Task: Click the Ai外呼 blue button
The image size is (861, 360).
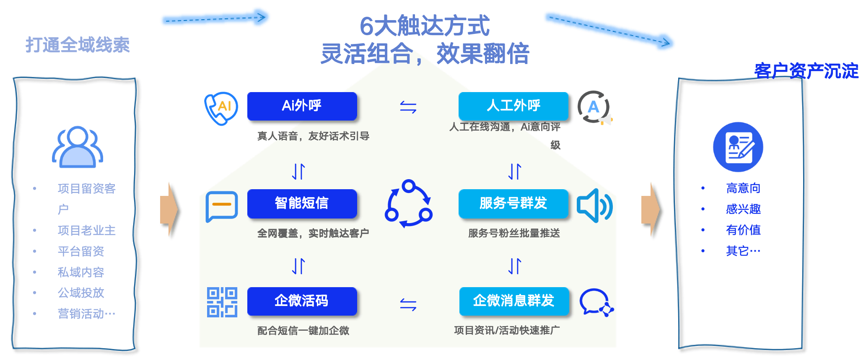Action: click(302, 106)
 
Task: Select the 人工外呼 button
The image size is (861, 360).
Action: click(513, 106)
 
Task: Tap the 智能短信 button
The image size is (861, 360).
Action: click(302, 203)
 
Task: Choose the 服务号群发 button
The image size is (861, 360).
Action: click(513, 203)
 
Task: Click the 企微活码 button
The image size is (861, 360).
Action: click(302, 301)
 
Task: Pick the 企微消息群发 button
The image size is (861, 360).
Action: click(513, 301)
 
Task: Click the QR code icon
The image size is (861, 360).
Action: click(222, 302)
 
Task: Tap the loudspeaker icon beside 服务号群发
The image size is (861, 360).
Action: click(594, 206)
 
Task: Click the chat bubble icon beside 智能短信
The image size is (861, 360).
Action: click(222, 206)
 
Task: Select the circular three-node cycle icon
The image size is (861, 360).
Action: click(408, 204)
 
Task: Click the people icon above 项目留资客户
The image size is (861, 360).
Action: click(78, 147)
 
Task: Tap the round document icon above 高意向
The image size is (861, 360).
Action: click(738, 147)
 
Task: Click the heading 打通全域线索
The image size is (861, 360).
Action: click(78, 45)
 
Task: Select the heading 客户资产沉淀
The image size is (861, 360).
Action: click(806, 71)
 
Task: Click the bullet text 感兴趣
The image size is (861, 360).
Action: click(743, 209)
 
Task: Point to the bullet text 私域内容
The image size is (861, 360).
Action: click(80, 272)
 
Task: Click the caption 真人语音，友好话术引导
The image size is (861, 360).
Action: click(313, 136)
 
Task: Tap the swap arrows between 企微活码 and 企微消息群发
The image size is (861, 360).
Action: click(408, 304)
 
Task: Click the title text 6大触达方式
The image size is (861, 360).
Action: click(424, 26)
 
